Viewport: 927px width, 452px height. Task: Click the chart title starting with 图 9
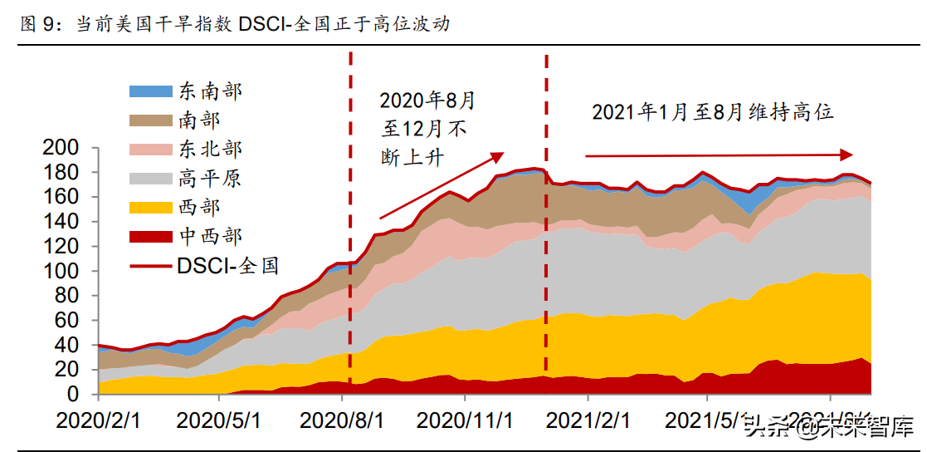click(x=234, y=24)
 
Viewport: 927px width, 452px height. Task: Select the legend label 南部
click(x=199, y=120)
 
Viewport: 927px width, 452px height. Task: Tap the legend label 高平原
click(x=210, y=179)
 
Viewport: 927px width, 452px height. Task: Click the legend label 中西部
click(x=210, y=237)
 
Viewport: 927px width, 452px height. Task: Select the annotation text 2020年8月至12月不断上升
click(x=426, y=130)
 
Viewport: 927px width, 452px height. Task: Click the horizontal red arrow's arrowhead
click(x=846, y=155)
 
